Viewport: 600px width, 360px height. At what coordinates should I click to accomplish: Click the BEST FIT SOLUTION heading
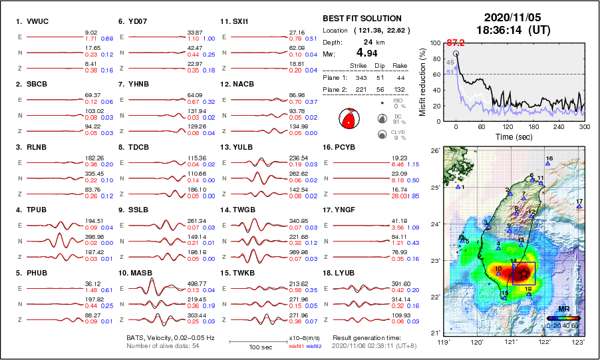coord(362,19)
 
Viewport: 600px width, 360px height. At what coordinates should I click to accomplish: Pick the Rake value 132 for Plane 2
coord(402,87)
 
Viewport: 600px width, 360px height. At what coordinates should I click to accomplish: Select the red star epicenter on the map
coord(524,273)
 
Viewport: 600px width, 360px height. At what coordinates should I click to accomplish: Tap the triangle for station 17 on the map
coord(579,207)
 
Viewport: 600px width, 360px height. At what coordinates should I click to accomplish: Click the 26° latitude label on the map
coord(434,151)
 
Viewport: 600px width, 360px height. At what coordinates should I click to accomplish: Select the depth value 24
coord(366,41)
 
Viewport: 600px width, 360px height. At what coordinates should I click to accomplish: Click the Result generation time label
coord(366,338)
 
